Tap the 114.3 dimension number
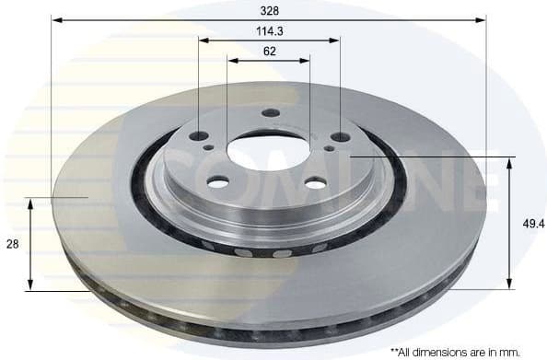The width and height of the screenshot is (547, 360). [269, 30]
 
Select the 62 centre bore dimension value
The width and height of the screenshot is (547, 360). [269, 52]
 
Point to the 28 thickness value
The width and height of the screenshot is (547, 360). [12, 244]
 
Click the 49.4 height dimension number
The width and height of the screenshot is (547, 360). [528, 223]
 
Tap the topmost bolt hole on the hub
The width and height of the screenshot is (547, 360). [270, 112]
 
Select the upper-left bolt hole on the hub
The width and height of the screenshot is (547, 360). [200, 135]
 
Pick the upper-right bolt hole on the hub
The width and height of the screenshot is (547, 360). [340, 136]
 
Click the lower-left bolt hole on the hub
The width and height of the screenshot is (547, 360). [218, 183]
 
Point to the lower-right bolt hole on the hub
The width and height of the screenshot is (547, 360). [315, 184]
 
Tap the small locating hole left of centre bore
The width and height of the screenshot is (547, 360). [210, 146]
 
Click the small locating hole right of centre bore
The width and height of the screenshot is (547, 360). [329, 147]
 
